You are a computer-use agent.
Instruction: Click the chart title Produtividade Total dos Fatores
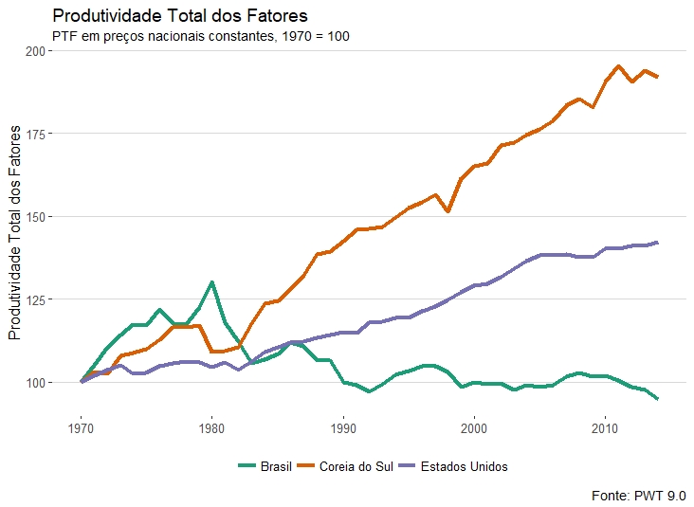coord(180,17)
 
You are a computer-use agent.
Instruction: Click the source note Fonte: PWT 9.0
coord(638,495)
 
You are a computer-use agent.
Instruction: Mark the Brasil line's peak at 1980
coord(211,282)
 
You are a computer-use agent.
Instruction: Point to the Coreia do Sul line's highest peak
coord(618,66)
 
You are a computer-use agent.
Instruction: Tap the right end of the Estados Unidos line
coord(657,243)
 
